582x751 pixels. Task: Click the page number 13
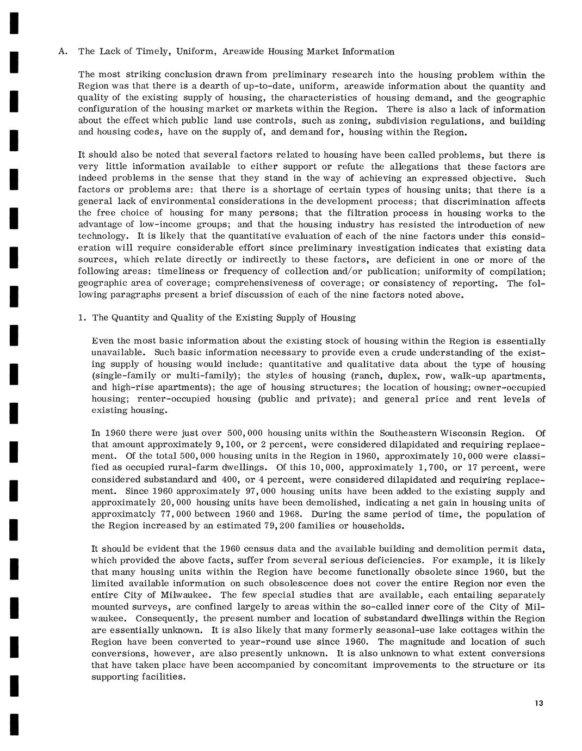coord(538,703)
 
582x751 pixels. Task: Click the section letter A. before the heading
coord(63,52)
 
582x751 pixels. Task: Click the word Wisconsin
coord(460,433)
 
